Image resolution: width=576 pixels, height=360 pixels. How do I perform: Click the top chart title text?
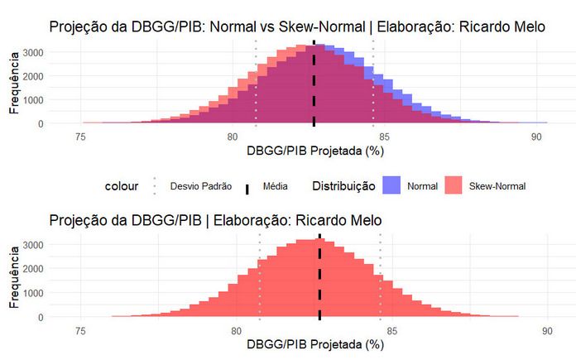297,26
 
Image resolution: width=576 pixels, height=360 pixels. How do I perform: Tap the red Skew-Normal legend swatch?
455,186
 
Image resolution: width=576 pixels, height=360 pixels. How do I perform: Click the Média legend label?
275,187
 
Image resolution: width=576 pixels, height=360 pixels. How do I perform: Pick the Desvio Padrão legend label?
200,187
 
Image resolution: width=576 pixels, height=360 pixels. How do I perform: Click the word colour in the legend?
121,186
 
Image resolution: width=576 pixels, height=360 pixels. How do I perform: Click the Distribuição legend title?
343,186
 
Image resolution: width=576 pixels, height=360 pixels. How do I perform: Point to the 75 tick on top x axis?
80,137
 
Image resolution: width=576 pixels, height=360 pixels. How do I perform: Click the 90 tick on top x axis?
536,137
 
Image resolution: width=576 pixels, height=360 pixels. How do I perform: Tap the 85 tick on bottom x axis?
391,329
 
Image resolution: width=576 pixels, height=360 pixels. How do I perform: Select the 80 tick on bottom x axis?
236,329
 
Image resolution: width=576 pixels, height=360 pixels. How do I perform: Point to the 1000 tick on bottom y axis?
32,293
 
